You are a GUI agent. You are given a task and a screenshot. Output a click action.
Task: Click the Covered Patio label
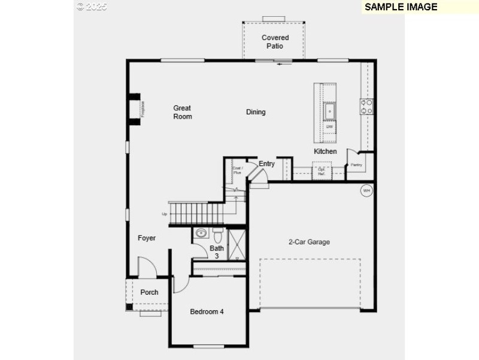tap(275, 41)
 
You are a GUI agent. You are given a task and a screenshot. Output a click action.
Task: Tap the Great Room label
tap(183, 112)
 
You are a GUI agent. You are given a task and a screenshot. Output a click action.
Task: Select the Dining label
tap(256, 112)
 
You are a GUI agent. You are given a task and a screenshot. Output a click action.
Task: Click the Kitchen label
tap(325, 152)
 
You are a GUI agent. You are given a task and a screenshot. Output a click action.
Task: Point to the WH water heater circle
tap(366, 191)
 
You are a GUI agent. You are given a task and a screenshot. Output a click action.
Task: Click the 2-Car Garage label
tap(309, 242)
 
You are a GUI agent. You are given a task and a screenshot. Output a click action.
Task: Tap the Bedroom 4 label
tap(207, 311)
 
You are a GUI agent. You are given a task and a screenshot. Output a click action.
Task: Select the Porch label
tap(149, 292)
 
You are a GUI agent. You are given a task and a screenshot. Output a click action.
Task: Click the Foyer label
tap(147, 238)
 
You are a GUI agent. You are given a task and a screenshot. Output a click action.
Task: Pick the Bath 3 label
tap(216, 252)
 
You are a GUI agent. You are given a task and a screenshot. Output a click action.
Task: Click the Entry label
tap(266, 164)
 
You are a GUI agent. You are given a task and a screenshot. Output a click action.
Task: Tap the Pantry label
tap(356, 165)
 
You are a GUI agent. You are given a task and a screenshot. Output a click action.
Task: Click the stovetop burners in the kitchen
tap(366, 107)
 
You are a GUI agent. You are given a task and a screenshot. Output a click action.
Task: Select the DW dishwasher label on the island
tap(329, 126)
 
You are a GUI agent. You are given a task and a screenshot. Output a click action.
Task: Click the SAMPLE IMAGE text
tap(401, 7)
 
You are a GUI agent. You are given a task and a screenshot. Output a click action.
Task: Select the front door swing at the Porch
tap(146, 267)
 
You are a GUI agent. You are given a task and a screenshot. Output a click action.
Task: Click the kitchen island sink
tap(329, 111)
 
